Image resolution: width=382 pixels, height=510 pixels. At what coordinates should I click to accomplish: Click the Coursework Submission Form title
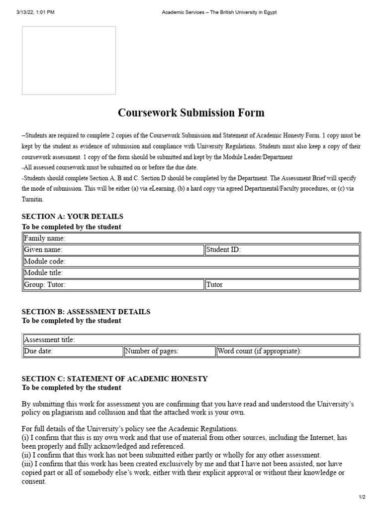(x=191, y=113)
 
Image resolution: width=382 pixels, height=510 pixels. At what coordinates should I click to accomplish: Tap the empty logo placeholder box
(x=69, y=60)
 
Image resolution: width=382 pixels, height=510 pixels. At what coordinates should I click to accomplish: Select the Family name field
(x=191, y=239)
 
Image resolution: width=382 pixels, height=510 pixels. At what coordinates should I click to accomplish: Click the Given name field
(x=113, y=250)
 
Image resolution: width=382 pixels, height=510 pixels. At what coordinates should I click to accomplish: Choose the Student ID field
(x=282, y=250)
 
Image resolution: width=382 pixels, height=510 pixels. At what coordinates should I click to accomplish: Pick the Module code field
(x=191, y=261)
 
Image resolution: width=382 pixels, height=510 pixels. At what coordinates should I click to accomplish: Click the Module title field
(x=191, y=273)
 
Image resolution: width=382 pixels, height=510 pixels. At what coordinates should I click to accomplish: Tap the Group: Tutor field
(x=113, y=285)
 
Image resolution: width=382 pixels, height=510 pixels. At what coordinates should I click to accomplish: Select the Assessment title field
(x=191, y=340)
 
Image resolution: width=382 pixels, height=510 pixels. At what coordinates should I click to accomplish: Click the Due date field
(x=73, y=352)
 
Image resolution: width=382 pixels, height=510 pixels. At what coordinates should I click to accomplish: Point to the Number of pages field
(x=169, y=352)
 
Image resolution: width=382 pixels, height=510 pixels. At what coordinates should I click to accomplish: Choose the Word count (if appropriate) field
(x=287, y=352)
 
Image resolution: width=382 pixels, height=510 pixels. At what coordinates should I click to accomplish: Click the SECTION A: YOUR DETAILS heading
(x=73, y=217)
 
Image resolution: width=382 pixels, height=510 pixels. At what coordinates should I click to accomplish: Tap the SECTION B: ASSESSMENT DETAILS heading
(x=86, y=312)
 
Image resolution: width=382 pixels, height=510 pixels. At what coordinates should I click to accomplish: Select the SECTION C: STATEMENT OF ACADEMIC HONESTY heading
(x=115, y=379)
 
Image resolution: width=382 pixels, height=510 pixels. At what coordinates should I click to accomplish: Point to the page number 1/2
(x=362, y=497)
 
